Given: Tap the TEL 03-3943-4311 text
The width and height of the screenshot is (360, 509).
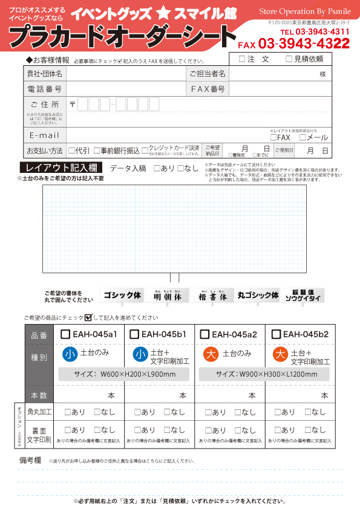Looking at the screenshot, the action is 315,31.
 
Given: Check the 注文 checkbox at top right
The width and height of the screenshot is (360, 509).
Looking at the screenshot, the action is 242,59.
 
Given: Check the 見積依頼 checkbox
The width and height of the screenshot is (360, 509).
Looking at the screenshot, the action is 289,59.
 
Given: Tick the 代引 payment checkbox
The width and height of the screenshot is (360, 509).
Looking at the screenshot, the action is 72,150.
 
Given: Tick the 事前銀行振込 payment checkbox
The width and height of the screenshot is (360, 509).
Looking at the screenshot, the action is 96,150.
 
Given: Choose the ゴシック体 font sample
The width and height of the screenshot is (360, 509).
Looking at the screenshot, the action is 122,296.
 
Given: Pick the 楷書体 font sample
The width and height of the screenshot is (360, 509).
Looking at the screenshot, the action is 215,296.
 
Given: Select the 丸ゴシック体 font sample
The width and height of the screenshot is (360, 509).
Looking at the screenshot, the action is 258,296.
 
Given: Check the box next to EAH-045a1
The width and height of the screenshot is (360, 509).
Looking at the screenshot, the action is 66,334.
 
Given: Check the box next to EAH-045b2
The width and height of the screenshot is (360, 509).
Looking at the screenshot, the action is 276,334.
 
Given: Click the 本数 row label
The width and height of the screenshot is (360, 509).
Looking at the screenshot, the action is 39,395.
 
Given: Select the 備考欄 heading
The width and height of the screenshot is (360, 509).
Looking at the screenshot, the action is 30,460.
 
